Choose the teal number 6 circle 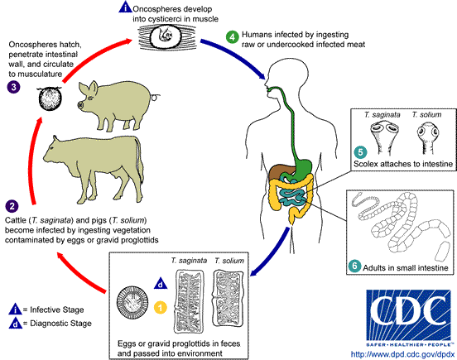point(354,267)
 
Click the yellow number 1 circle point(161,308)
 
